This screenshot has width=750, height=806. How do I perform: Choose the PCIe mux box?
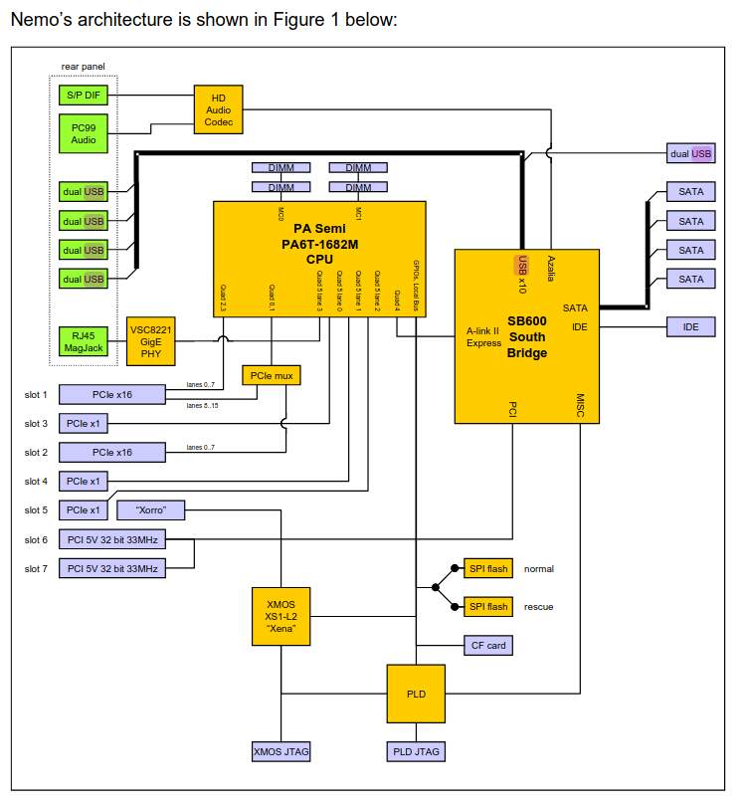click(x=271, y=375)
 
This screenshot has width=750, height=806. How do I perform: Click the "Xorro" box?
click(x=150, y=509)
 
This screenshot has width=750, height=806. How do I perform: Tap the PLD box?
click(x=415, y=693)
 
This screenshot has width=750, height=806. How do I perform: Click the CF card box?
click(x=487, y=646)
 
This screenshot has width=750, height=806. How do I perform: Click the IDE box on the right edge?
click(x=690, y=325)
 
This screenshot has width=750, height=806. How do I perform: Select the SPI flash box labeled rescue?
click(x=487, y=606)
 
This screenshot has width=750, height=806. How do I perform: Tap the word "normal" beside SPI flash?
click(x=539, y=569)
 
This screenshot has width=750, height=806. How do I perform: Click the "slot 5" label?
click(x=36, y=510)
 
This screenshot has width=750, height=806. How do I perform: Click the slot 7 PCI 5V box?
click(x=112, y=568)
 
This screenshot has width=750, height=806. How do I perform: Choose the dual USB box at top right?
click(x=690, y=153)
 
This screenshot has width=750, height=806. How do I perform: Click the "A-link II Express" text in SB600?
click(x=483, y=336)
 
